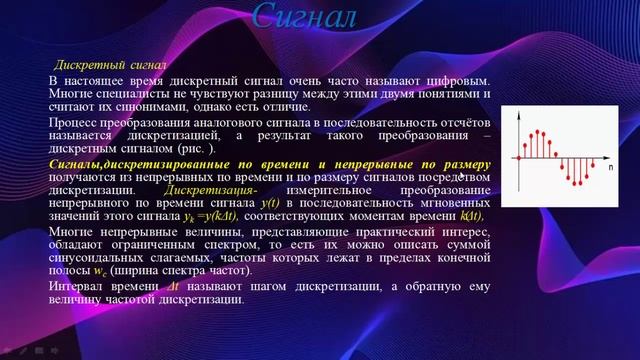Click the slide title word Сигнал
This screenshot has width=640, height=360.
(x=304, y=17)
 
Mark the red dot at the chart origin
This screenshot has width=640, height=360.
(x=520, y=157)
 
